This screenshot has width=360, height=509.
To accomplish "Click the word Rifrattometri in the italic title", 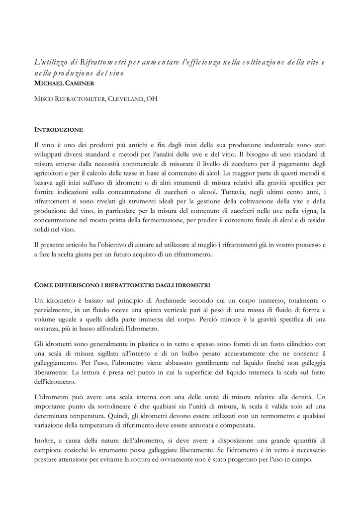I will pos(102,62).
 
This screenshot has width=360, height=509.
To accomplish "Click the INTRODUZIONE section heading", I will pos(58,130).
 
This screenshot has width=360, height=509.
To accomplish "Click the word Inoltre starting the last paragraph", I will pos(46,440).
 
